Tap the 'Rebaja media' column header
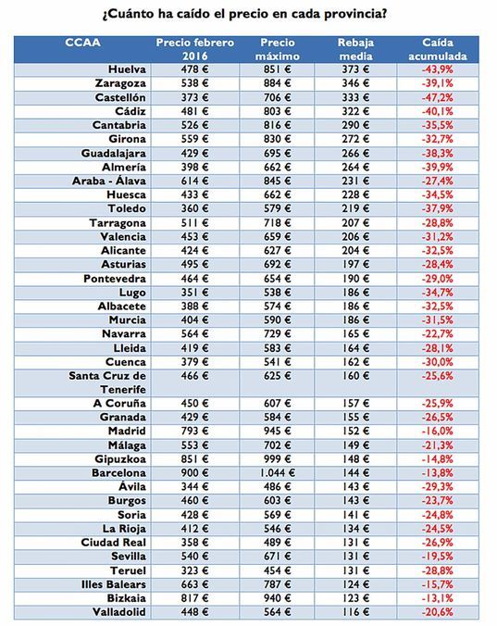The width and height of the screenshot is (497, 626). pyautogui.click(x=356, y=50)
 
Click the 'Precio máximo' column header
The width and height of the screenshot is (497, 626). pyautogui.click(x=279, y=50)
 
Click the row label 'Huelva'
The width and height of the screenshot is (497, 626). pyautogui.click(x=126, y=70)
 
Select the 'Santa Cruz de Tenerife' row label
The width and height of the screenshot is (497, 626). pyautogui.click(x=107, y=382)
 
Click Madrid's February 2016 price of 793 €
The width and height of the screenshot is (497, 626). pyautogui.click(x=194, y=431)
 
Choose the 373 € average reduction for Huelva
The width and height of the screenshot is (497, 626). pyautogui.click(x=356, y=70)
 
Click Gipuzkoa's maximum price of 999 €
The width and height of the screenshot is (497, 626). pyautogui.click(x=278, y=457)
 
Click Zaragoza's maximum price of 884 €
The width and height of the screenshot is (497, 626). pyautogui.click(x=278, y=83)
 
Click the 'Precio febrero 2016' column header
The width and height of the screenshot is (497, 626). pyautogui.click(x=194, y=50)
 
